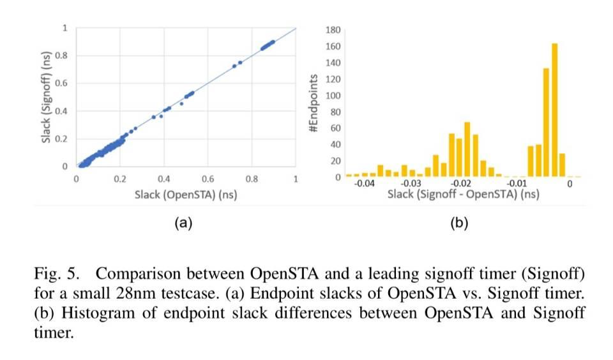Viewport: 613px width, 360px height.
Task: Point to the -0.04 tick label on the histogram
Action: (365, 184)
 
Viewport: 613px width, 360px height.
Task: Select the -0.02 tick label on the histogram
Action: (467, 184)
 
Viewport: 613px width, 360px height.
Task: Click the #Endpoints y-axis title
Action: (313, 103)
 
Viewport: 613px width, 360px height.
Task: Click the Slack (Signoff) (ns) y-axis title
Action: (47, 98)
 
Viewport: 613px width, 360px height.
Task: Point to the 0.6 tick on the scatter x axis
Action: (208, 179)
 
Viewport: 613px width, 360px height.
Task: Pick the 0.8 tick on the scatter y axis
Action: (63, 56)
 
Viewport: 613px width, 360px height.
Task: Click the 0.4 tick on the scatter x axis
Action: (163, 179)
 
